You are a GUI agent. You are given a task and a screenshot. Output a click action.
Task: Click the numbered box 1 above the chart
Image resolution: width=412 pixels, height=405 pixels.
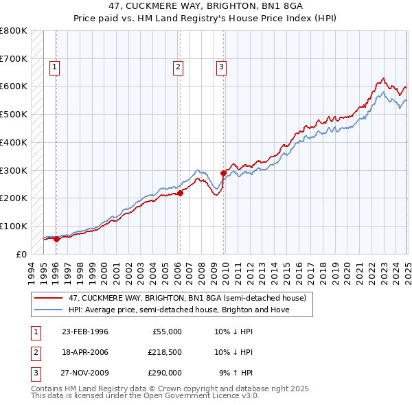[54, 67]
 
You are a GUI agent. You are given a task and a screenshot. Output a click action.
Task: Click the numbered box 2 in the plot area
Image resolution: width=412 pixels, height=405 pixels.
[178, 67]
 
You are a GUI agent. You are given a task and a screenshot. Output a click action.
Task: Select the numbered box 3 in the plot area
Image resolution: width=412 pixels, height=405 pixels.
[222, 67]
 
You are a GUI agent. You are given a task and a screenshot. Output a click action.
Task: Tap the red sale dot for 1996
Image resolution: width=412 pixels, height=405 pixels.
[56, 240]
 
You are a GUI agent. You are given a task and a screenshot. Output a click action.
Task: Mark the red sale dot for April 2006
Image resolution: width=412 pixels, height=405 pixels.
[180, 193]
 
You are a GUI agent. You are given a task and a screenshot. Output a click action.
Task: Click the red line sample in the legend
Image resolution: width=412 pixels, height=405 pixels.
[49, 298]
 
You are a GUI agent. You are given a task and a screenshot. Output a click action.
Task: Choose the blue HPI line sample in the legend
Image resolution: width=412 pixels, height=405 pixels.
[49, 310]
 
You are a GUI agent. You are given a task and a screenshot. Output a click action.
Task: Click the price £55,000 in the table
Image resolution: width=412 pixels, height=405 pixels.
[166, 332]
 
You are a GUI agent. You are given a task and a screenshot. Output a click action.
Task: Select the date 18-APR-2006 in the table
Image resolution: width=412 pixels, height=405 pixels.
[84, 353]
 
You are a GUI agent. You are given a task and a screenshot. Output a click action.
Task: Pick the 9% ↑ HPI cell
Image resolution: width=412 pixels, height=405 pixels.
[236, 374]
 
